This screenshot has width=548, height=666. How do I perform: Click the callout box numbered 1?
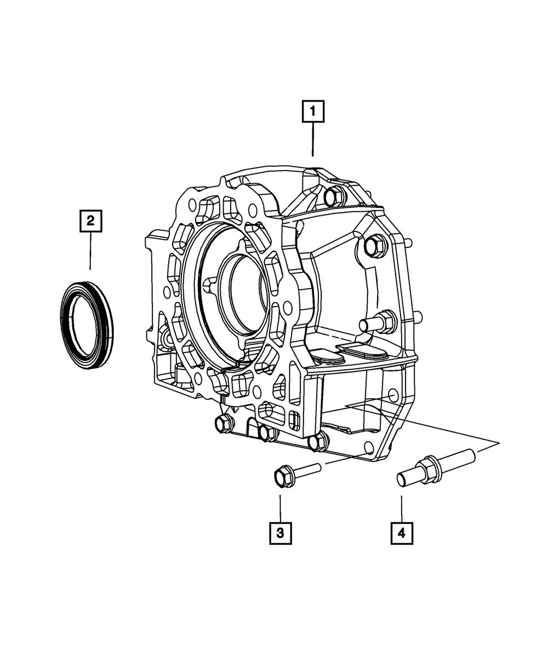pyautogui.click(x=313, y=112)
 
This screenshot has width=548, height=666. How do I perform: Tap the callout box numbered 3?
pyautogui.click(x=280, y=533)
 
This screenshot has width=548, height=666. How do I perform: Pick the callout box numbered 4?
pyautogui.click(x=402, y=533)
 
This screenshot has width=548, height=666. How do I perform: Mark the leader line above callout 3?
pyautogui.click(x=280, y=508)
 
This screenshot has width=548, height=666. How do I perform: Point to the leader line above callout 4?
pyautogui.click(x=402, y=508)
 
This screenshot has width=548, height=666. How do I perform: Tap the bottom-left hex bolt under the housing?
pyautogui.click(x=222, y=422)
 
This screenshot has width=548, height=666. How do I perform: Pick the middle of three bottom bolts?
pyautogui.click(x=267, y=432)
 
